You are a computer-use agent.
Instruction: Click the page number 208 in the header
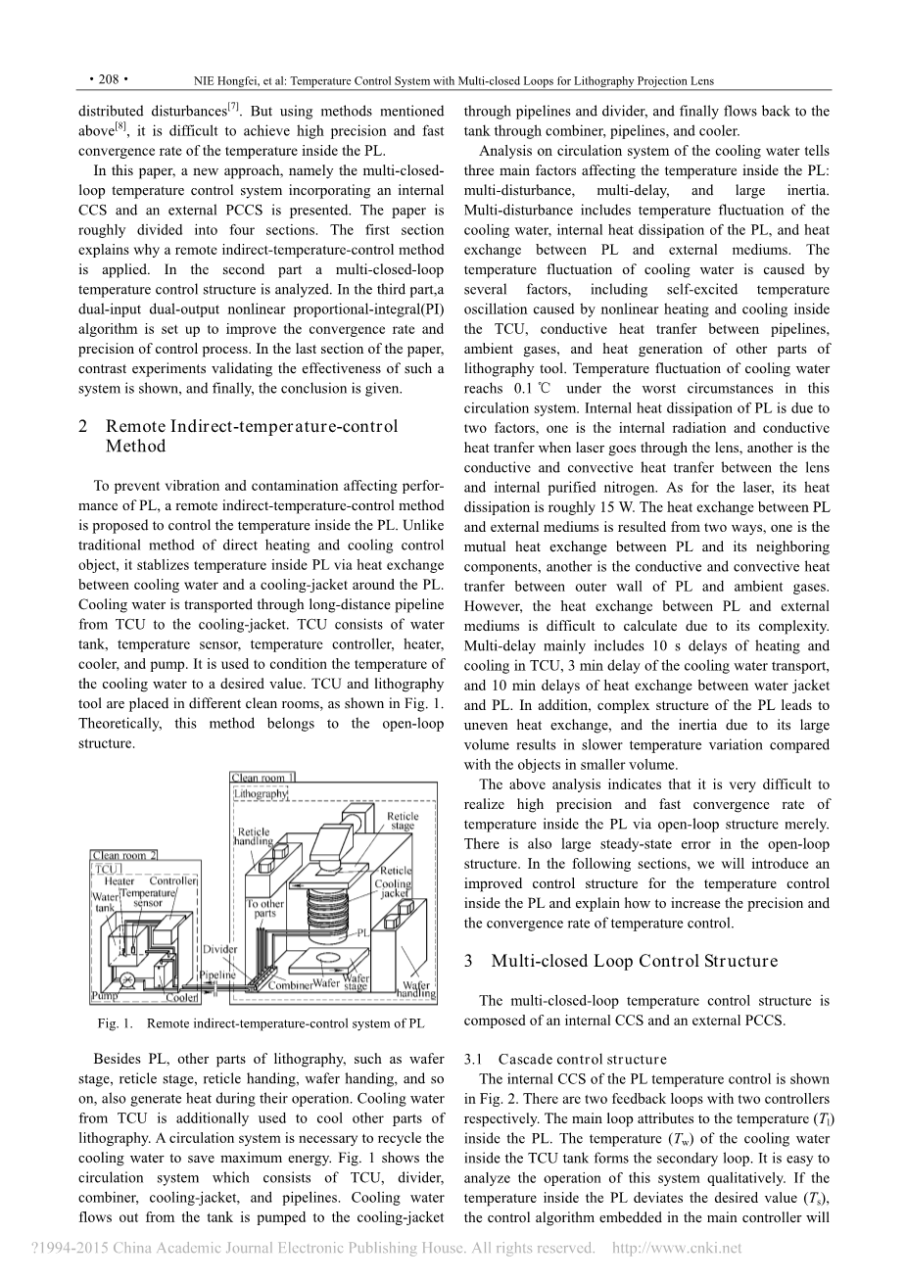point(108,80)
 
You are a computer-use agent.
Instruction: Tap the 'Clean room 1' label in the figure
point(262,778)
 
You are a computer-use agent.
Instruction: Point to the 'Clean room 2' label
point(124,855)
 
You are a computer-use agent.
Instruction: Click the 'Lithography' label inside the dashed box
point(262,793)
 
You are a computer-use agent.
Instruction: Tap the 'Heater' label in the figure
point(120,880)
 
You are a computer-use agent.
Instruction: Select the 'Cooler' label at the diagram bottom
point(181,998)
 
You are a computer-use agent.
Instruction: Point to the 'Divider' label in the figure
point(219,950)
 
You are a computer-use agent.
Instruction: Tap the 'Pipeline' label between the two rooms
point(217,975)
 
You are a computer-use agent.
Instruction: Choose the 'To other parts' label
point(264,910)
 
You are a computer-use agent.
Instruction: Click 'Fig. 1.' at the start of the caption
point(115,1023)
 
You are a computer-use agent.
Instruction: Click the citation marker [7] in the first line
point(234,105)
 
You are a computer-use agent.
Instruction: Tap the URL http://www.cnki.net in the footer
point(676,1248)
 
